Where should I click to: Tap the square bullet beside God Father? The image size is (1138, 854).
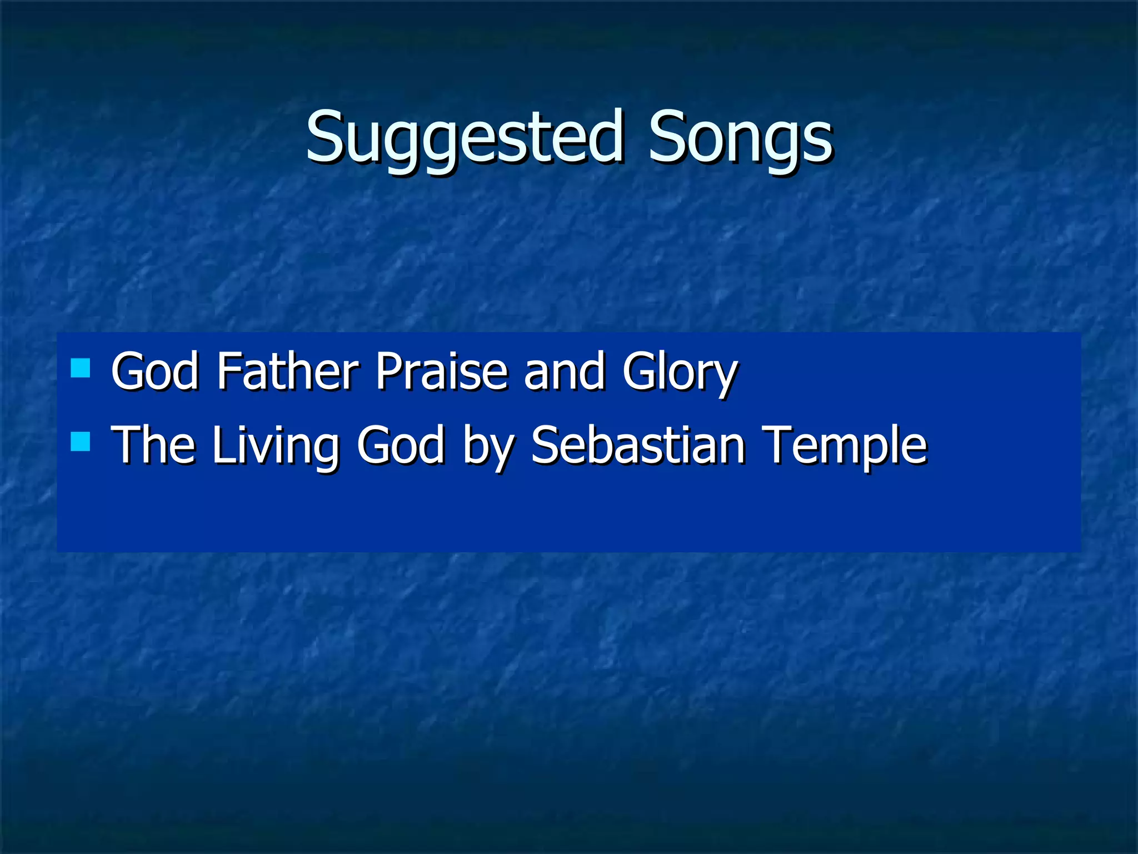coord(81,368)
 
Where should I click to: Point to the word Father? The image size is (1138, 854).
coord(288,371)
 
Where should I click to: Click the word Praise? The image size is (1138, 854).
coord(442,371)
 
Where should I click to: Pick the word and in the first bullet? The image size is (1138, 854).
coord(564,371)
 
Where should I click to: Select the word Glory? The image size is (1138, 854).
coord(679,374)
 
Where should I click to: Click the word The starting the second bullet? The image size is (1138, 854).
coord(153,445)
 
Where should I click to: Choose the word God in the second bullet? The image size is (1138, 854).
coord(400,445)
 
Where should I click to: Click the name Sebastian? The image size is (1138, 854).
coord(637,445)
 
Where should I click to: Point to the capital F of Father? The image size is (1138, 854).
coord(228,371)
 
